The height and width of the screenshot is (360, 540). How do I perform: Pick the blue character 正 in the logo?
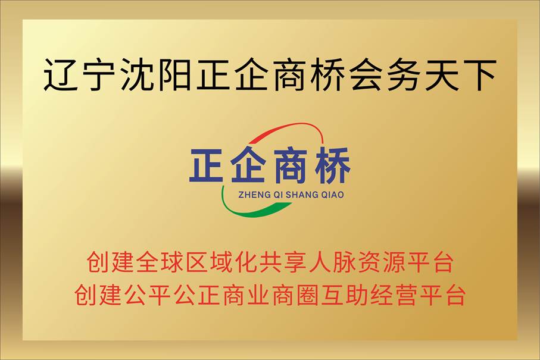coord(206,165)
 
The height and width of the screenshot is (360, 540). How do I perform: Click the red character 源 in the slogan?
coord(394,262)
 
